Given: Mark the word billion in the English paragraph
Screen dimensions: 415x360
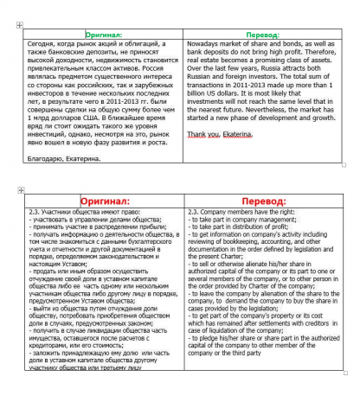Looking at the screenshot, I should point(199,89).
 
